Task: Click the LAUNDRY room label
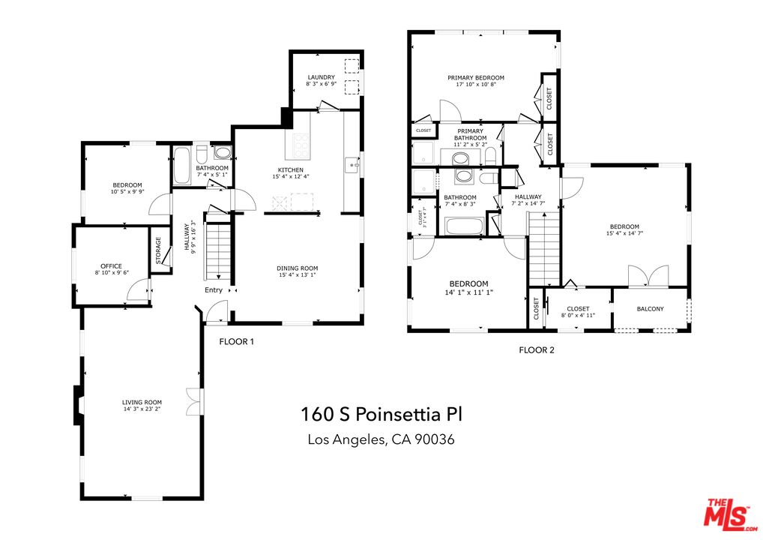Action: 320,77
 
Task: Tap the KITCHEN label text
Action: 290,170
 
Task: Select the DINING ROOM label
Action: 298,268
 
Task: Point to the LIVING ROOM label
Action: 142,403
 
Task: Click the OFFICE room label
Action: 112,266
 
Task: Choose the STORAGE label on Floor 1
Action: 158,250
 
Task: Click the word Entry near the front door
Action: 214,291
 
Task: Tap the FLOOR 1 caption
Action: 237,342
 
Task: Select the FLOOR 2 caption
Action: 537,349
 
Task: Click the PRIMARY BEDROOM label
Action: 475,77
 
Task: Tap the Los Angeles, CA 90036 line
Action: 381,439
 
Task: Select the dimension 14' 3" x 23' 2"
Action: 142,409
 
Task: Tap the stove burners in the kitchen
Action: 301,143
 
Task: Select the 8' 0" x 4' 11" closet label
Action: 578,316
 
